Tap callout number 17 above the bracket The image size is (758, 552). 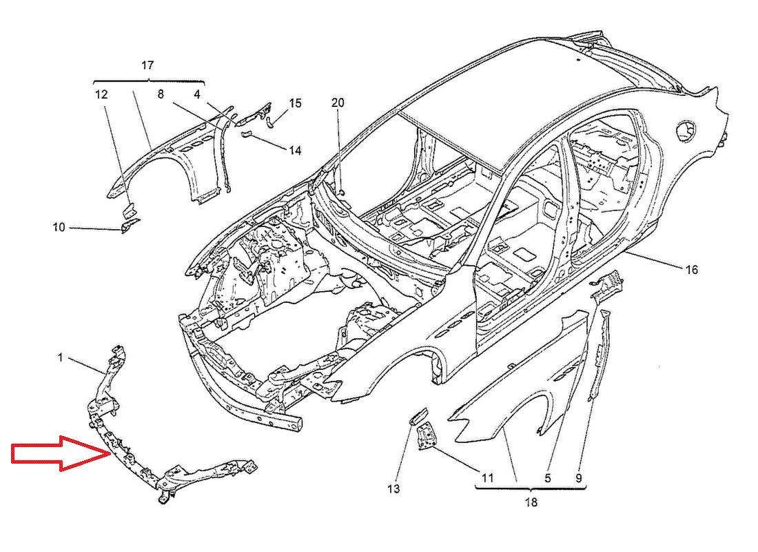click(x=147, y=66)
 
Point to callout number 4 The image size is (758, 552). click(x=198, y=94)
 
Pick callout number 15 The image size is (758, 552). click(x=295, y=103)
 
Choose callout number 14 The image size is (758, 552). click(x=295, y=150)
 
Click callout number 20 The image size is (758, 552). click(x=338, y=103)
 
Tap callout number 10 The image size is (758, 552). click(x=59, y=226)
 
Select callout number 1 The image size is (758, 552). click(x=61, y=357)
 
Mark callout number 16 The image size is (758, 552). click(x=692, y=269)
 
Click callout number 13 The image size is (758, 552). click(x=393, y=489)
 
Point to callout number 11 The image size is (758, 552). click(x=488, y=477)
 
